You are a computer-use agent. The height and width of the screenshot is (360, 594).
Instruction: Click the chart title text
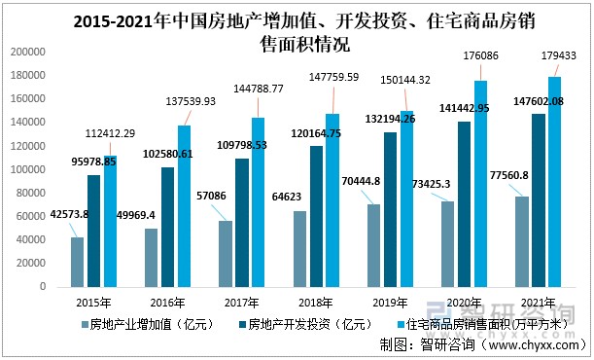[x=296, y=33]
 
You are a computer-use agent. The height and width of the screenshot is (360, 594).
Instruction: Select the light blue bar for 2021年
[x=555, y=182]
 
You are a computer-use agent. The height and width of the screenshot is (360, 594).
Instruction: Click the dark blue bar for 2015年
[x=93, y=231]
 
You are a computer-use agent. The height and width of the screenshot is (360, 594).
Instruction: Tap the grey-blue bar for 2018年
[x=300, y=249]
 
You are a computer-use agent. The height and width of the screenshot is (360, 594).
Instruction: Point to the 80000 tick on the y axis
[x=32, y=193]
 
